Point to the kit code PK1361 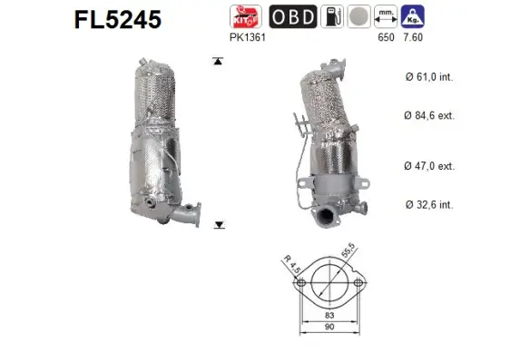pos(247,40)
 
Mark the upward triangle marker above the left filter pos(217,62)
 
